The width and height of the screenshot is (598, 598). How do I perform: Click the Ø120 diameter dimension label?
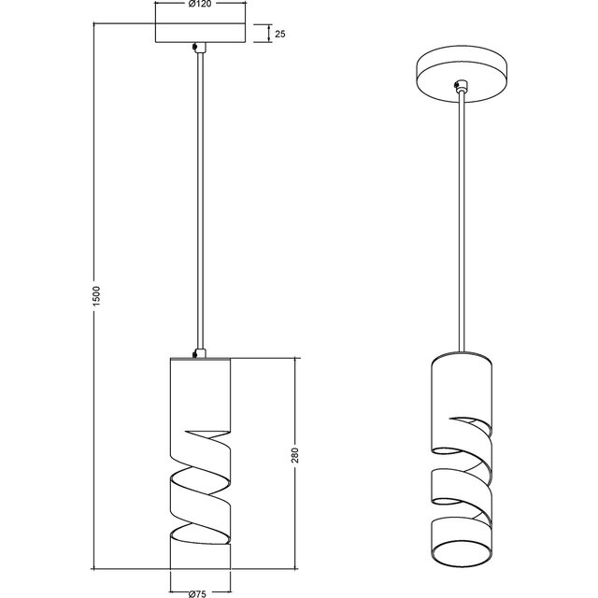(198, 6)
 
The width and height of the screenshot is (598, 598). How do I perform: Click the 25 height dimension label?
(280, 34)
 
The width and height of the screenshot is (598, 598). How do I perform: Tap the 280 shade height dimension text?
(295, 459)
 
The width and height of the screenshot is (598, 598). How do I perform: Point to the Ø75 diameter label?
(197, 591)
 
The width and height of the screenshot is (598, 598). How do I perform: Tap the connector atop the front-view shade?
(196, 352)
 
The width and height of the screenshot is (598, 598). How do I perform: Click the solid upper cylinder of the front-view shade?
(198, 392)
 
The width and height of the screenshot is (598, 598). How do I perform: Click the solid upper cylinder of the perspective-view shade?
(462, 392)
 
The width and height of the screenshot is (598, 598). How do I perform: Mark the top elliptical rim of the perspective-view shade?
(462, 360)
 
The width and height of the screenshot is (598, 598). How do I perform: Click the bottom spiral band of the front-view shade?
(198, 551)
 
